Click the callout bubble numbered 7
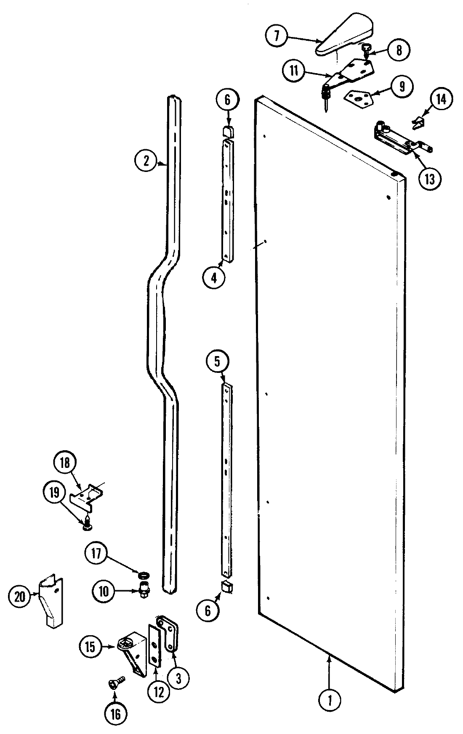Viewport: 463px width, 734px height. tap(276, 36)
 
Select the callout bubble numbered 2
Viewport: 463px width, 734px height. tap(146, 161)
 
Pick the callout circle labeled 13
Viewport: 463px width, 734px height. tap(430, 178)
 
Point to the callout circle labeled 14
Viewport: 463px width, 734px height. tap(440, 100)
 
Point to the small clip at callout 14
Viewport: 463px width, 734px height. tap(418, 122)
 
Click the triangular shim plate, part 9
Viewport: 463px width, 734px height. tap(359, 98)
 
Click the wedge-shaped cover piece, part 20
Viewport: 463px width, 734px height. tap(51, 601)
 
